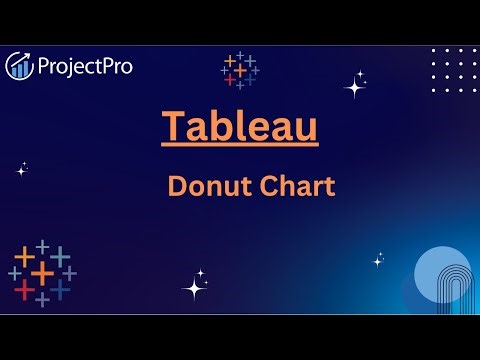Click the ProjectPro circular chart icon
pyautogui.click(x=20, y=66)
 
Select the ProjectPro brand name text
pyautogui.click(x=84, y=67)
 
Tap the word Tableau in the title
pyautogui.click(x=240, y=126)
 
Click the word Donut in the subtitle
pyautogui.click(x=206, y=186)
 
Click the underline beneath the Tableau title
pyautogui.click(x=240, y=148)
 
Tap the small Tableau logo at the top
pyautogui.click(x=240, y=70)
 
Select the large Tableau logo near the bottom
pyautogui.click(x=42, y=272)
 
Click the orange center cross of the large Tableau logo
pyautogui.click(x=42, y=272)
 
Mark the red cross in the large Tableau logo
pyautogui.click(x=25, y=290)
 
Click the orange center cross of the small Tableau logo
pyautogui.click(x=240, y=70)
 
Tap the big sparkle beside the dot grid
pyautogui.click(x=355, y=87)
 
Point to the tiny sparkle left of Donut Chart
pyautogui.click(x=21, y=169)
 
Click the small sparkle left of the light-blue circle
pyautogui.click(x=378, y=260)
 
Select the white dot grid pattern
pyautogui.click(x=453, y=70)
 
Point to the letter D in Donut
pyautogui.click(x=175, y=186)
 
